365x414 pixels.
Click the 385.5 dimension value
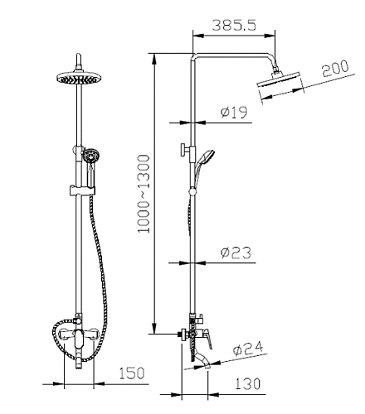234,25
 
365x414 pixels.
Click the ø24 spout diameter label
250,350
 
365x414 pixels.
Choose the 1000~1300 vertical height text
144,193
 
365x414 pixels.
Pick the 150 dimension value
130,374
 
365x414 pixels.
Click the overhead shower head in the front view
79,79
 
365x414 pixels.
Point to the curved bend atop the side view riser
196,58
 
